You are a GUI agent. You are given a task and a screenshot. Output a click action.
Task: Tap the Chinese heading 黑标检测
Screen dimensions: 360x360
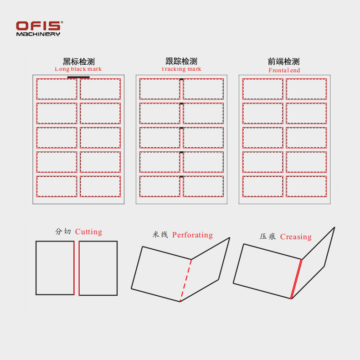coord(78,62)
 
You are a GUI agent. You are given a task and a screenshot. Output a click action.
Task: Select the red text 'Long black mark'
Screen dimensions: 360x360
coord(78,69)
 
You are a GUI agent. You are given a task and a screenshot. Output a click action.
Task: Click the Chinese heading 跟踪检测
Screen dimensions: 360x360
coord(181,61)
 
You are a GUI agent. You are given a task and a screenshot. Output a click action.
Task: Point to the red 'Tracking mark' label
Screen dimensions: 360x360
coord(181,69)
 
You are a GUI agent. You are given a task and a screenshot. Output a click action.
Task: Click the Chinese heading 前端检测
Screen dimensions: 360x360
coord(284,62)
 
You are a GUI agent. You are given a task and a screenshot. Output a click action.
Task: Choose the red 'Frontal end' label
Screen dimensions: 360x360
coord(284,70)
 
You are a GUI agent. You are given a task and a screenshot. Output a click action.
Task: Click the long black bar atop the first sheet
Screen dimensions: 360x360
coord(78,77)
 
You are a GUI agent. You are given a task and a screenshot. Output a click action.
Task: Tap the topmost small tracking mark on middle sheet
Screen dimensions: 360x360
coord(181,80)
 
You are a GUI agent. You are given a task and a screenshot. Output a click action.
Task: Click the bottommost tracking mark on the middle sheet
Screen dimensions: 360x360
coord(181,176)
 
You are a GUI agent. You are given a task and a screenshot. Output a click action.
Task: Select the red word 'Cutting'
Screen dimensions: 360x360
coord(88,232)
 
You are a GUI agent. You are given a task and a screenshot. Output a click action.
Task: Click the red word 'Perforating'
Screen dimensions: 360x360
coord(192,235)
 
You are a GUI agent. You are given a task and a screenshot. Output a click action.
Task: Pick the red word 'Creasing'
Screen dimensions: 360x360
coord(296,237)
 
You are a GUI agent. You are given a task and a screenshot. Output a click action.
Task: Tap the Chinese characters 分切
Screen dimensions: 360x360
coord(63,232)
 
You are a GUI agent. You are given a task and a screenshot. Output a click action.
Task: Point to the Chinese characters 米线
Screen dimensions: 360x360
coord(160,235)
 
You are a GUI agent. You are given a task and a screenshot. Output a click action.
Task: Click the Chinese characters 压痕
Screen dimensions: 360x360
coord(268,237)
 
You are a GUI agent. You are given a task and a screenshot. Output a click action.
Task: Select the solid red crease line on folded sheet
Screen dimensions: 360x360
coord(296,279)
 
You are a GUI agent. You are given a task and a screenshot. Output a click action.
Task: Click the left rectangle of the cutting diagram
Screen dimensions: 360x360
coord(55,267)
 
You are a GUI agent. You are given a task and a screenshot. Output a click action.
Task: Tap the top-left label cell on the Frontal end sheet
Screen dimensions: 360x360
coord(262,89)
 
